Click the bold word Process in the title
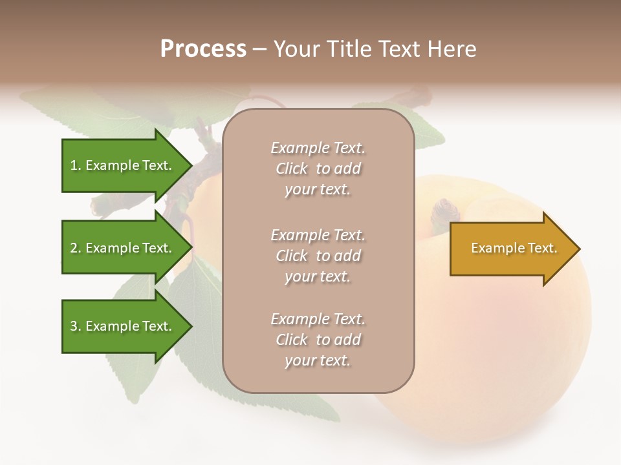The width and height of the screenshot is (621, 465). coord(203,49)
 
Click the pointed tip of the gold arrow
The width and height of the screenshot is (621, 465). coord(578,249)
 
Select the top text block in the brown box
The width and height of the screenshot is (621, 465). coord(318,169)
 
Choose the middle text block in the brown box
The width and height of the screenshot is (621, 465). coord(318,256)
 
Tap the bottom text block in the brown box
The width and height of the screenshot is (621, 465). coord(318,340)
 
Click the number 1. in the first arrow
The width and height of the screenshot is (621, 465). coord(76,165)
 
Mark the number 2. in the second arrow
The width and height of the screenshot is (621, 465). coord(76,248)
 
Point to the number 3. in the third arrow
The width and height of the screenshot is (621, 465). coord(76,326)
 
